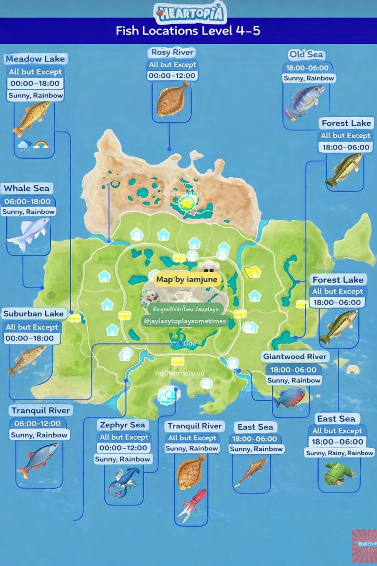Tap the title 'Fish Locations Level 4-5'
click(188, 31)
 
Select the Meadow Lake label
click(35, 59)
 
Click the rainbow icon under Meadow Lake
click(41, 143)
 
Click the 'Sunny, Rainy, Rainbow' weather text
click(339, 453)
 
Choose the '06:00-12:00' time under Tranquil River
click(37, 423)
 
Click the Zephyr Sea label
click(122, 425)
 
